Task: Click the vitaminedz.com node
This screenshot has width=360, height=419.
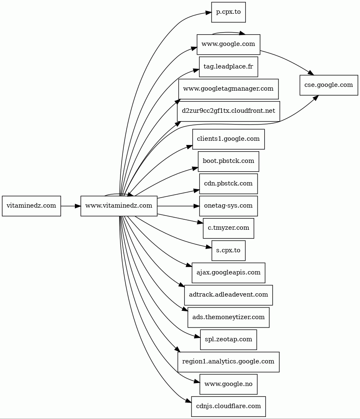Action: click(31, 206)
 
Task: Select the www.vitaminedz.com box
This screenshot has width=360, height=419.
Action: click(119, 206)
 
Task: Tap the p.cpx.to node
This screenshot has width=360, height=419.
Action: click(228, 12)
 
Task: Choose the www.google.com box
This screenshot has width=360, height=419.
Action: click(228, 44)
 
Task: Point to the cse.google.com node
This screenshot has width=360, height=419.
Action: click(329, 85)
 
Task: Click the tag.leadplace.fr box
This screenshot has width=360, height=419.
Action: click(228, 66)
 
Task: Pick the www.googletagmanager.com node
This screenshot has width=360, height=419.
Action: click(228, 89)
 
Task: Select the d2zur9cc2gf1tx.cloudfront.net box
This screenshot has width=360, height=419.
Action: click(228, 111)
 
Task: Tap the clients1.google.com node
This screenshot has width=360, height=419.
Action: click(228, 139)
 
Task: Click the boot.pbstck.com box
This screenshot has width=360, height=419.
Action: click(228, 161)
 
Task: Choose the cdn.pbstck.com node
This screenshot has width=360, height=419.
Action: click(228, 184)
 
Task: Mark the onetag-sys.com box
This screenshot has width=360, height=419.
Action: click(228, 206)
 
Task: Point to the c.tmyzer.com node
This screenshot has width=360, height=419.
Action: click(228, 228)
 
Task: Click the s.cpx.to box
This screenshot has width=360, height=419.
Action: click(228, 251)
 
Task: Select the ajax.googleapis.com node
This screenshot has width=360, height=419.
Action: click(228, 273)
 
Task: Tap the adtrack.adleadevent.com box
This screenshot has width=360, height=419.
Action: click(228, 295)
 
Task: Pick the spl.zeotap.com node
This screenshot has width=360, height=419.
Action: click(228, 340)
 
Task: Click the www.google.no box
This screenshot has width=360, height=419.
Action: click(228, 384)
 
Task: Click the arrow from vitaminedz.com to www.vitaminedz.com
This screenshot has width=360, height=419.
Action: click(71, 206)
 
